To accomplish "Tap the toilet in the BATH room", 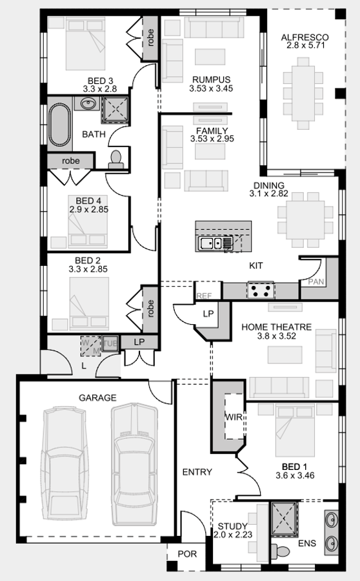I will click(x=117, y=159).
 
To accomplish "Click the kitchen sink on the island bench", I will click(x=210, y=243).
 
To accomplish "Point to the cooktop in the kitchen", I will click(x=261, y=290).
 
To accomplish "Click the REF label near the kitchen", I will click(x=203, y=296).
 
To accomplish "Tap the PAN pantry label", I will click(x=316, y=282).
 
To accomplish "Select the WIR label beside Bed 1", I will click(x=234, y=417).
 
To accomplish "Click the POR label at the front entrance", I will click(x=187, y=554).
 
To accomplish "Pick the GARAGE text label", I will click(x=97, y=398).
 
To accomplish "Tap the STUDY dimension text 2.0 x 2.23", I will click(x=232, y=535).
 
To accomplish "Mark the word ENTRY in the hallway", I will click(x=197, y=472).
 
